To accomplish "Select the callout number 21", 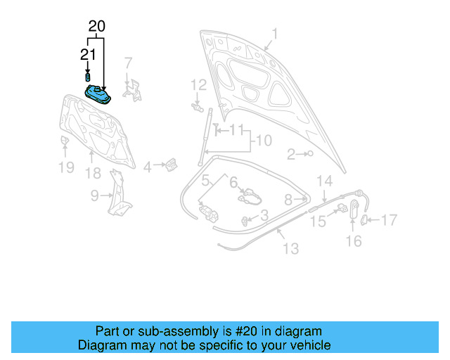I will [x=87, y=54].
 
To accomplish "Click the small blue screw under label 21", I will [x=88, y=76].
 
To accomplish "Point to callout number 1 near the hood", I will [x=275, y=34].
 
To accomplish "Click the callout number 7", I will [x=128, y=63].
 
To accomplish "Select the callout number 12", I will [x=199, y=85].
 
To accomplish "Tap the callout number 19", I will [x=65, y=167].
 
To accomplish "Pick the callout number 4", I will [x=147, y=167].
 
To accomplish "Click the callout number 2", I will [x=290, y=154].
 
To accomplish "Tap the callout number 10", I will [x=262, y=141].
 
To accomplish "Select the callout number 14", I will [x=323, y=181].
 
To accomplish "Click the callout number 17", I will [x=389, y=220].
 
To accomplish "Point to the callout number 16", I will [x=354, y=241].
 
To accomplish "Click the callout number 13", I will [x=290, y=248].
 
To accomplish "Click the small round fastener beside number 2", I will [x=309, y=153].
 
